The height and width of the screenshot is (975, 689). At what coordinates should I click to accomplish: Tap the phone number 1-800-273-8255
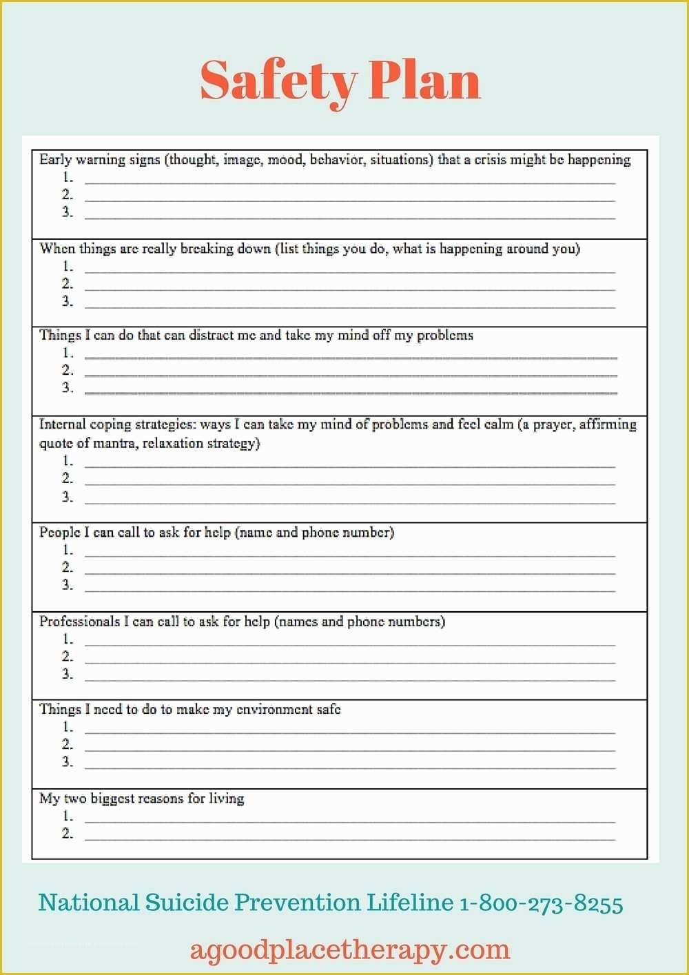tap(541, 903)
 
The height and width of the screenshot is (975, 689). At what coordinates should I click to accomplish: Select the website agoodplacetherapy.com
tap(350, 950)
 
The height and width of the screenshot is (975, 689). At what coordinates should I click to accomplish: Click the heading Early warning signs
tap(100, 160)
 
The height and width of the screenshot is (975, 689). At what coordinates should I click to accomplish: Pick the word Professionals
tap(79, 622)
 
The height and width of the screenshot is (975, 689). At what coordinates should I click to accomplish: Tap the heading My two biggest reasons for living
tap(141, 799)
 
